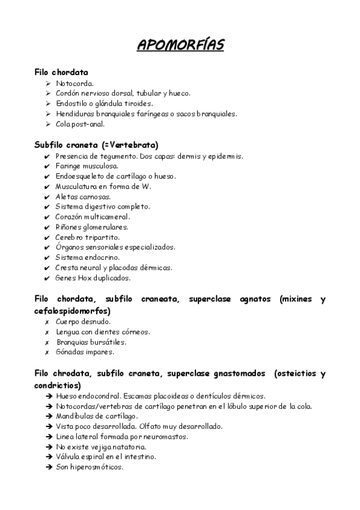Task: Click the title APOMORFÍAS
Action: click(x=180, y=46)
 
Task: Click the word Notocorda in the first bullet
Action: click(x=74, y=84)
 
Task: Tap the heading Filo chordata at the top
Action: click(x=61, y=72)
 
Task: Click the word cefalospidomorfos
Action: click(x=72, y=311)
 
